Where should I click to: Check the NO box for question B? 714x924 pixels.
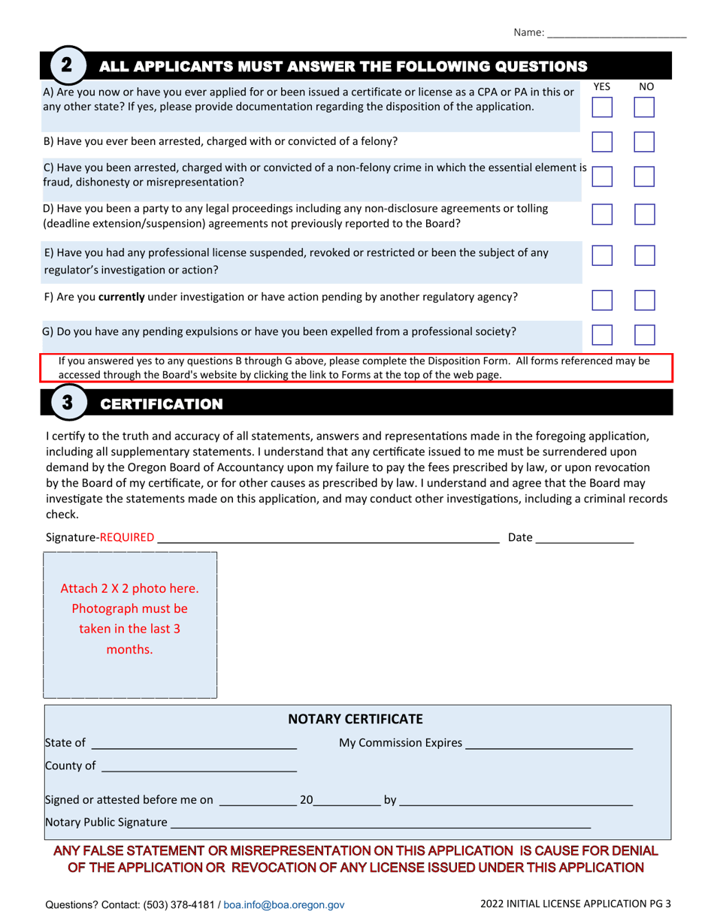(x=644, y=143)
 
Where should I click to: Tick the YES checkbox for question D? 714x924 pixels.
(x=602, y=216)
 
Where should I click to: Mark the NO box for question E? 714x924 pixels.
(x=644, y=257)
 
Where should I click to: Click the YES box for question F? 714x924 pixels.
(x=602, y=300)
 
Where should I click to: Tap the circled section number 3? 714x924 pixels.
(x=66, y=403)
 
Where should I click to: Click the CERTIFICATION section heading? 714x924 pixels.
(x=162, y=405)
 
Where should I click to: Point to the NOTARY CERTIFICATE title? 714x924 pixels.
(x=356, y=719)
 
